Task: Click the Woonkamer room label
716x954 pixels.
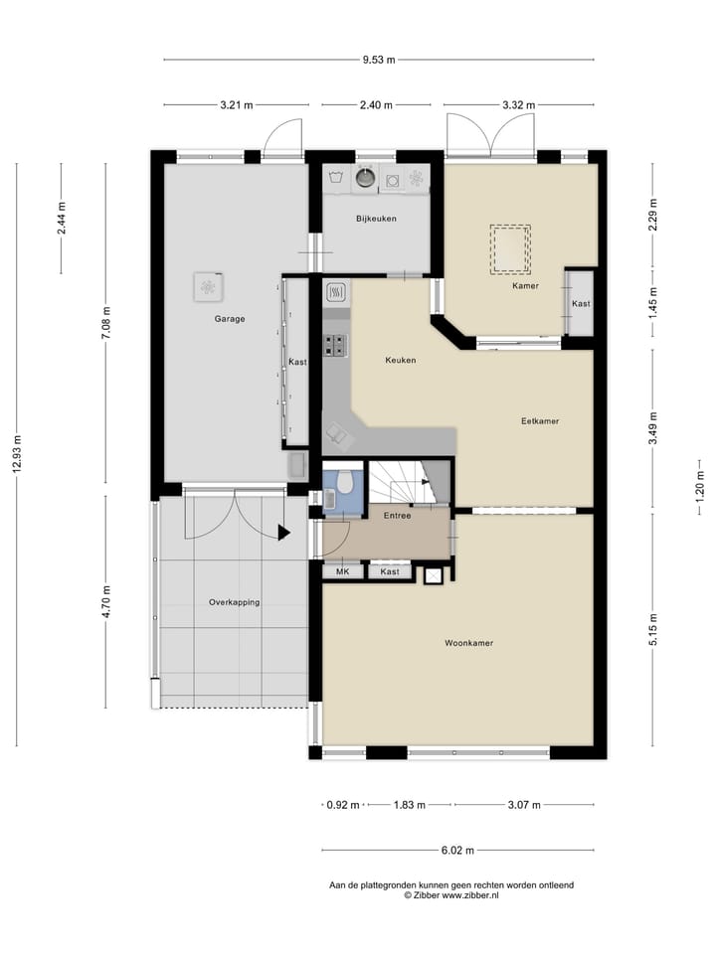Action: point(468,643)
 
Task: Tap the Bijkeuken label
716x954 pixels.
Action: point(376,219)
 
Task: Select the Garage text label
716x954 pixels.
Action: point(229,319)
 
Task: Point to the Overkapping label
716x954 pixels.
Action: point(234,602)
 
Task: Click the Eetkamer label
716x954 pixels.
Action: point(540,421)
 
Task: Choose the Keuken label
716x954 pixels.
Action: point(400,360)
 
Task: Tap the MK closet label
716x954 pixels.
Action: point(342,571)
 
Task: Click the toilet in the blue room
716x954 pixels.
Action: point(345,483)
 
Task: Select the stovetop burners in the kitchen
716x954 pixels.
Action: point(336,345)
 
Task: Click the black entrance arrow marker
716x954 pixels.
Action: point(283,533)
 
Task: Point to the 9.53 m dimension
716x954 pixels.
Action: point(378,60)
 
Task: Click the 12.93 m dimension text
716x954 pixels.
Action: point(17,454)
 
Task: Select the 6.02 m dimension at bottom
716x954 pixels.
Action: point(456,851)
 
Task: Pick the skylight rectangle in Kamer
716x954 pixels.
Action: point(509,248)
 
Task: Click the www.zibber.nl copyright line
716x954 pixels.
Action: point(451,895)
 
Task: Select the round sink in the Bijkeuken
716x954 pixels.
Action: point(367,178)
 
